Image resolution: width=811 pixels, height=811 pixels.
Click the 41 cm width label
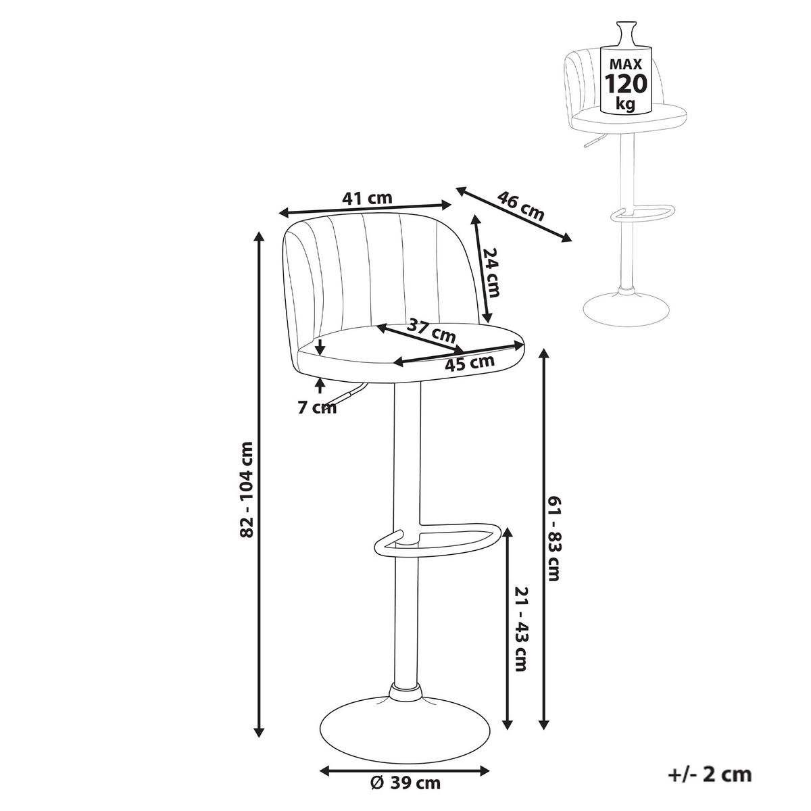pos(366,198)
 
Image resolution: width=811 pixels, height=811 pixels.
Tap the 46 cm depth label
pos(520,206)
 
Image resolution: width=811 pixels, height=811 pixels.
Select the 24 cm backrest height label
pos(491,272)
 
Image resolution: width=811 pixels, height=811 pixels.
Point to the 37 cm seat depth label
pos(431,330)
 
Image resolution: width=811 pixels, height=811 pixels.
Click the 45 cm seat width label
pos(469,362)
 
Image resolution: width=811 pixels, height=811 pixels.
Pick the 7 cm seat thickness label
pos(317,408)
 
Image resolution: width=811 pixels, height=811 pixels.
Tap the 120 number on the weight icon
pos(625,84)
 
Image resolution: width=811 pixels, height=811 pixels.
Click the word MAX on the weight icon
pos(626,64)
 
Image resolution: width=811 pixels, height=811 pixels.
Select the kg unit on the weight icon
pos(625,103)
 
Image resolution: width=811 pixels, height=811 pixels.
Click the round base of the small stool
pos(625,310)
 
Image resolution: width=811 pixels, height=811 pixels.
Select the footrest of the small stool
pos(642,212)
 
